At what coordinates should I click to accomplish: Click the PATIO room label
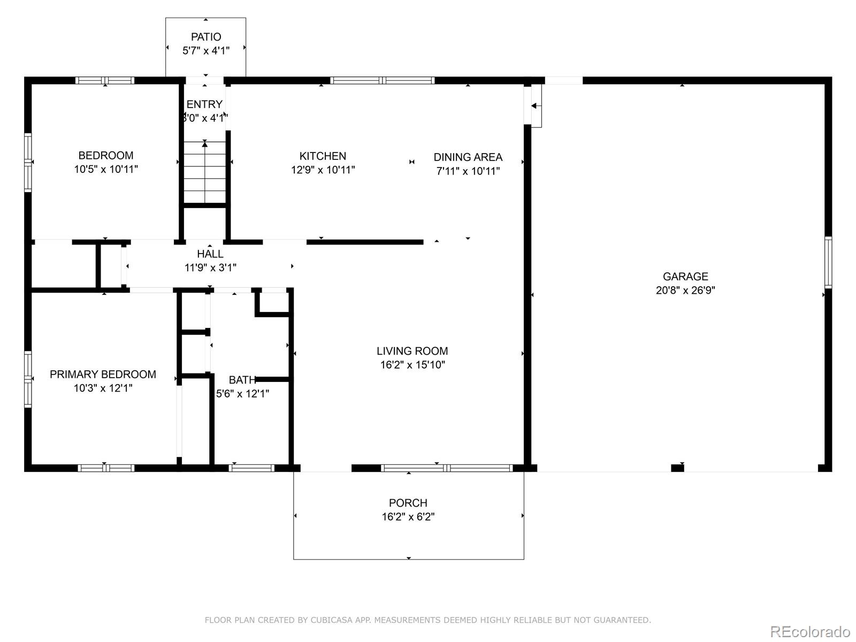(206, 37)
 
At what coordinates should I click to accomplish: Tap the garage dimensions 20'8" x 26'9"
(685, 291)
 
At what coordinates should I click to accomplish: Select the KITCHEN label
(323, 156)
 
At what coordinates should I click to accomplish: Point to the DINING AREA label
(468, 157)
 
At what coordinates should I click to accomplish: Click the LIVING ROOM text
(412, 351)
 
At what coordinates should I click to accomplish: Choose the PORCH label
(408, 503)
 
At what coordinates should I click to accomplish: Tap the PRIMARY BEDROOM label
(103, 374)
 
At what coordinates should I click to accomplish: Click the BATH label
(242, 380)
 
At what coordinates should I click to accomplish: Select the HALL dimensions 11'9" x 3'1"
(210, 268)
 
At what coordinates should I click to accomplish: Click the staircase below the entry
(205, 172)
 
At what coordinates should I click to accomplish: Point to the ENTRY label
(204, 104)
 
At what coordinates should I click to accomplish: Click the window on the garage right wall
(828, 262)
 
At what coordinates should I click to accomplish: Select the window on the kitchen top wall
(382, 81)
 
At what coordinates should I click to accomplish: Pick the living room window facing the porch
(447, 468)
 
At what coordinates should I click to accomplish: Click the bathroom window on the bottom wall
(251, 468)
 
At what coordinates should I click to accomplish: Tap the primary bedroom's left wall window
(28, 379)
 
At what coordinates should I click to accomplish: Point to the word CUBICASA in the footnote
(331, 620)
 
